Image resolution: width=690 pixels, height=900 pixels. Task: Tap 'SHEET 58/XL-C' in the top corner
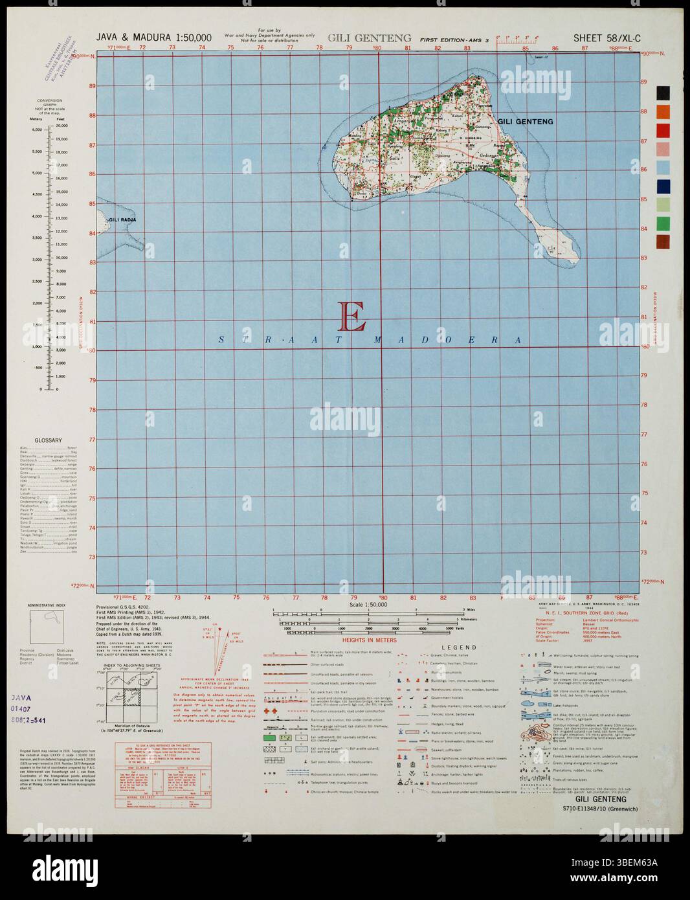click(607, 38)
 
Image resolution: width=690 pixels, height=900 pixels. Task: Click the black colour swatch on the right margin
click(664, 93)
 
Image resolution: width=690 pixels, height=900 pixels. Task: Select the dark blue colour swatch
click(664, 186)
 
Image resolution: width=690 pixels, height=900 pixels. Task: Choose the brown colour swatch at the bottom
click(664, 242)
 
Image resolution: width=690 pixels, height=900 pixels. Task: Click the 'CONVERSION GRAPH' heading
click(49, 104)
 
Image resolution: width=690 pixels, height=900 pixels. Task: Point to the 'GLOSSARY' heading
click(49, 440)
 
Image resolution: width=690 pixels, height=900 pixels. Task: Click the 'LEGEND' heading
click(459, 647)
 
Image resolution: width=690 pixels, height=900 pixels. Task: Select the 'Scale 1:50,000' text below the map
click(367, 604)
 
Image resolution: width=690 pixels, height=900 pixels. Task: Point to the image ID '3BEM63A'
click(641, 879)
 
